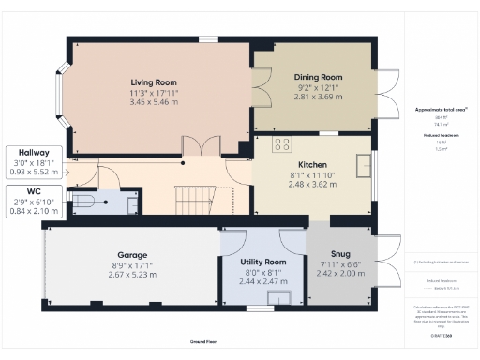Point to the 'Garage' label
131,255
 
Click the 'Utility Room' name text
262,262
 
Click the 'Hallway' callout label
35,152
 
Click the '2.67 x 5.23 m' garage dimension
131,276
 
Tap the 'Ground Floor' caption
203,343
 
